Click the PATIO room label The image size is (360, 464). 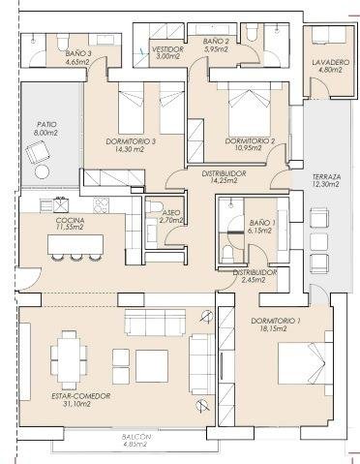(x=46, y=124)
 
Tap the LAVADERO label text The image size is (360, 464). (x=331, y=62)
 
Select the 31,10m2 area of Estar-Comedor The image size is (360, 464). (x=75, y=404)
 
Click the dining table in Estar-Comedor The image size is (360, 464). (x=69, y=359)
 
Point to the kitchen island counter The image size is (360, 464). (x=75, y=244)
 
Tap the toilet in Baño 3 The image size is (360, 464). (x=63, y=42)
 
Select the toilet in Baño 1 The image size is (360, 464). (x=227, y=254)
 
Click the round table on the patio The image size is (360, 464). (x=43, y=171)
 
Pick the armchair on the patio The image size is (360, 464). (x=38, y=153)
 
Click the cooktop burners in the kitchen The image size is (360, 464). (x=101, y=205)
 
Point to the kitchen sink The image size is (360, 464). (x=61, y=204)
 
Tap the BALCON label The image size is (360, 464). (x=136, y=437)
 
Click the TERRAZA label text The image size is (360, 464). (x=327, y=177)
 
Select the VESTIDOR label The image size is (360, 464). (x=167, y=49)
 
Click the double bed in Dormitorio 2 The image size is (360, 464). (x=249, y=109)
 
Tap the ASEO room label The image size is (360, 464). (x=171, y=213)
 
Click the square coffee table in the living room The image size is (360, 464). (x=152, y=366)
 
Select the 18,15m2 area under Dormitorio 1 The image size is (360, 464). (x=273, y=328)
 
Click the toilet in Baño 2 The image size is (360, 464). (x=252, y=33)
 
